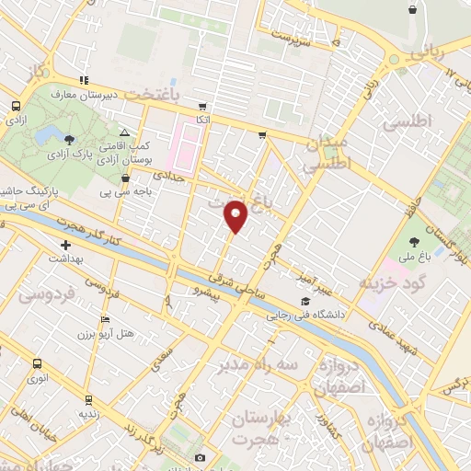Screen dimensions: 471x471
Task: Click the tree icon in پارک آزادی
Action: pyautogui.click(x=71, y=139)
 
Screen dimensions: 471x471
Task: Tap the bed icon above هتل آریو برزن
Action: pyautogui.click(x=105, y=319)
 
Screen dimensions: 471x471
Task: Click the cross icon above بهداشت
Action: pyautogui.click(x=66, y=245)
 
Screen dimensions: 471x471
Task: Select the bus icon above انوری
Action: pyautogui.click(x=37, y=362)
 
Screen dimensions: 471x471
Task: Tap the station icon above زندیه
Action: pyautogui.click(x=88, y=400)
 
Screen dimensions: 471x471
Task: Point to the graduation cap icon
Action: pyautogui.click(x=304, y=302)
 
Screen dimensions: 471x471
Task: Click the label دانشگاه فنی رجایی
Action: pyautogui.click(x=305, y=315)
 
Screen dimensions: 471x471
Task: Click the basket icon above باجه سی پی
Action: pyautogui.click(x=126, y=178)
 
